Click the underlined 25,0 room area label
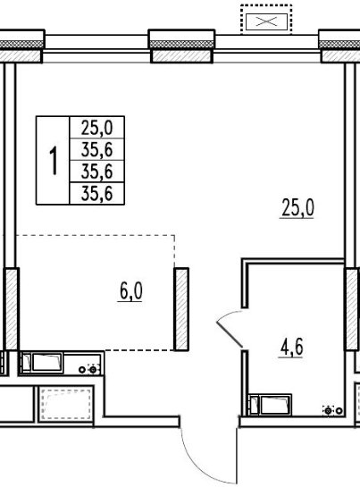(297, 208)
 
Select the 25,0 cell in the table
(97, 128)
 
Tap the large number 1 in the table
(54, 161)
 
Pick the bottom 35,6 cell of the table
(97, 194)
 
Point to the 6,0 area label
(130, 291)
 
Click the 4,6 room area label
(291, 348)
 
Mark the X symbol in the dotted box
(266, 21)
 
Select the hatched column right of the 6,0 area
(181, 309)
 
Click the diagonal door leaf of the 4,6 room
(230, 334)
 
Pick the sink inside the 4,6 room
(271, 405)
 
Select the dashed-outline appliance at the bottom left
(66, 404)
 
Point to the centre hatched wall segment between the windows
(181, 56)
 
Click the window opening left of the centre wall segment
(96, 46)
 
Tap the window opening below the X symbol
(267, 46)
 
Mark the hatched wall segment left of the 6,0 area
(12, 308)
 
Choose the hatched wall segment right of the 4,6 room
(352, 308)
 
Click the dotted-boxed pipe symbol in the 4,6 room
(329, 410)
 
